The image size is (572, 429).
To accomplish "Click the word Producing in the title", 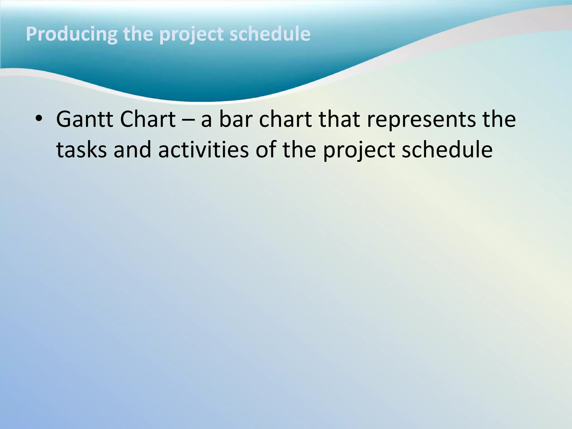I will (x=71, y=34).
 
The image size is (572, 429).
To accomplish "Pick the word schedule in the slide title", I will (x=270, y=34).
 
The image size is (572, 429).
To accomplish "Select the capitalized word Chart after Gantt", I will (x=148, y=119).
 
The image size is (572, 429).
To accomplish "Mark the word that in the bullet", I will (x=339, y=119).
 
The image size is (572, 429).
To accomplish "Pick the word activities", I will (x=203, y=150).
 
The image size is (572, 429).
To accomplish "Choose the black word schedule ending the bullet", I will (x=447, y=150).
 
